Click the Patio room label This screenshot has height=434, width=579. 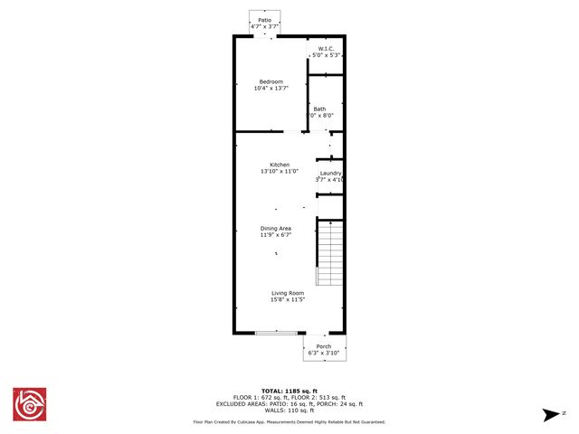tap(264, 19)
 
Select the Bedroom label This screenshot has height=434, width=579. tap(271, 81)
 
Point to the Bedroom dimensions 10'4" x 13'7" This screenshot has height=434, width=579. tap(271, 89)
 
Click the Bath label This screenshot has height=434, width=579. tap(320, 109)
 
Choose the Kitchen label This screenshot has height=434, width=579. tap(279, 164)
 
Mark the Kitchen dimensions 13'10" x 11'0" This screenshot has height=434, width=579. tap(279, 171)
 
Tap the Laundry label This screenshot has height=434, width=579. tap(329, 173)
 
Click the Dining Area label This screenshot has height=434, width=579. tap(276, 229)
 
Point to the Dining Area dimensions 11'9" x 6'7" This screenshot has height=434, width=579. tap(276, 236)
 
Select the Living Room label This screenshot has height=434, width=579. tap(287, 292)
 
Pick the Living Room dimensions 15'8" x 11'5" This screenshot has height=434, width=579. tap(287, 299)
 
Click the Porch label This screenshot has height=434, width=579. tap(323, 346)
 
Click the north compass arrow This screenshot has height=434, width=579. tap(549, 414)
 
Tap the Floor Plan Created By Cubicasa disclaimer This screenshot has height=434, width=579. tap(289, 421)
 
